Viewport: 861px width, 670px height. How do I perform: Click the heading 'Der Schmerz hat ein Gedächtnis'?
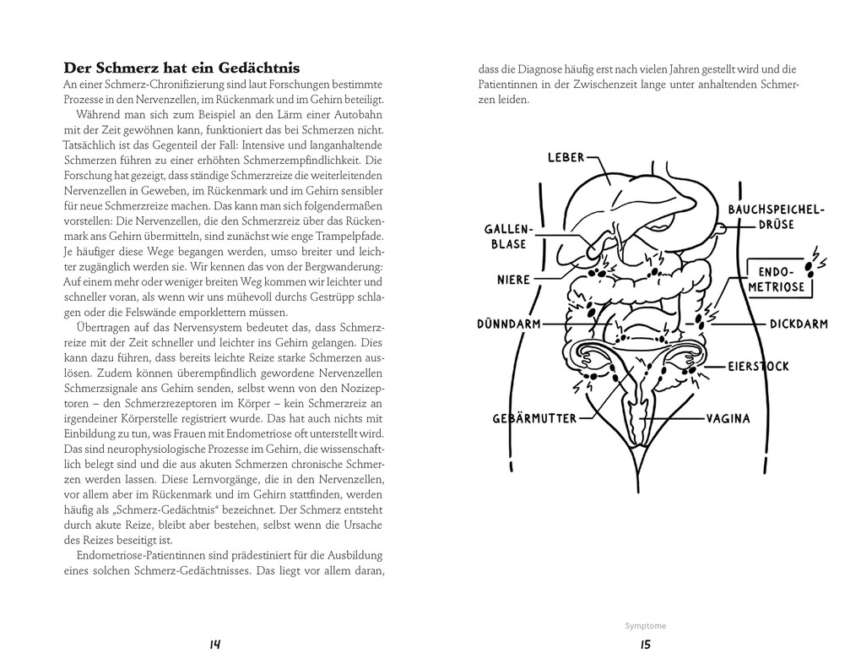click(181, 68)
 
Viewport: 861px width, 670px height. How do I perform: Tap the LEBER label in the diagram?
click(566, 157)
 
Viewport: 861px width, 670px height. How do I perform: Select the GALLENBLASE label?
click(506, 237)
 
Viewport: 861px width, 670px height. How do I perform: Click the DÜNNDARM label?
click(509, 324)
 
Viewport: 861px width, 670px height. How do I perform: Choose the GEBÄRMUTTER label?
click(534, 418)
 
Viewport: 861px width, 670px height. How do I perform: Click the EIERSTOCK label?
click(759, 367)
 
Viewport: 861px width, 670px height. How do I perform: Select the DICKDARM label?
click(798, 324)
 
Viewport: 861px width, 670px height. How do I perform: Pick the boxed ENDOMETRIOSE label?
click(779, 280)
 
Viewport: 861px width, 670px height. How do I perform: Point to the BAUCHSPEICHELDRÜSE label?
click(776, 217)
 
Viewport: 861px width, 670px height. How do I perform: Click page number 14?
click(214, 645)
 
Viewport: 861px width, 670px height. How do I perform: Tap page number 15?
click(646, 645)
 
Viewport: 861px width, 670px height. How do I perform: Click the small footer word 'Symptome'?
click(646, 626)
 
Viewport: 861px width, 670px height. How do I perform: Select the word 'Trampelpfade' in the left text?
click(351, 236)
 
